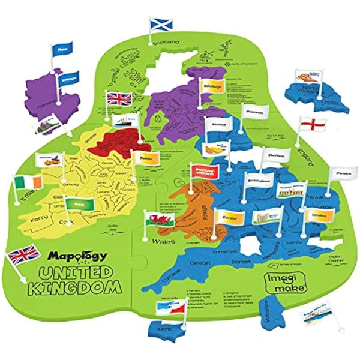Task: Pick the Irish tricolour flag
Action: (26, 181)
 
